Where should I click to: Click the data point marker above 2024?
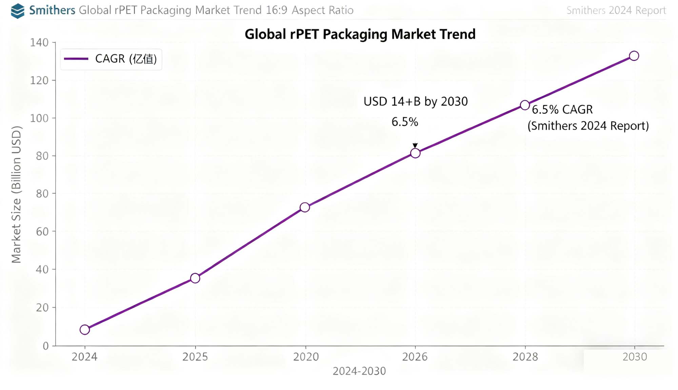coord(85,330)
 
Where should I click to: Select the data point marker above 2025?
coord(195,278)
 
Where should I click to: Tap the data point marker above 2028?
coord(525,105)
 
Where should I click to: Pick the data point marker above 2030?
coord(634,56)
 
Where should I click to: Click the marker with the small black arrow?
coord(415,153)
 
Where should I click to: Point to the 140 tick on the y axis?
coord(39,43)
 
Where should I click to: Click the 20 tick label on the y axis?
coord(42,308)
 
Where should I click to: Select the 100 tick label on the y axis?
coord(39,118)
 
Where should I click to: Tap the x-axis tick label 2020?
coord(306,357)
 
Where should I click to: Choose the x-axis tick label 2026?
coord(415,357)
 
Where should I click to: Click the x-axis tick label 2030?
coord(635,357)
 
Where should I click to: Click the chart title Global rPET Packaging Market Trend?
coord(360,34)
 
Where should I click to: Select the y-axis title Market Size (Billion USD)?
coord(16,194)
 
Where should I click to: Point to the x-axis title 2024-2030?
coord(359,371)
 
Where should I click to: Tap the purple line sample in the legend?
coord(76,59)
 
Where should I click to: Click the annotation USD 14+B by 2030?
coord(416,101)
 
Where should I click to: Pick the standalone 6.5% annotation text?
coord(405,122)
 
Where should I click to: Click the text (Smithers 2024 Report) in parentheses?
coord(588,126)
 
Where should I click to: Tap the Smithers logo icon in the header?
coord(18,11)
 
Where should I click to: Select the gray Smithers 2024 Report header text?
coord(616,11)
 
